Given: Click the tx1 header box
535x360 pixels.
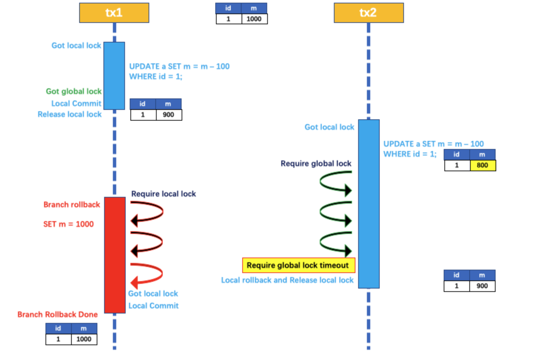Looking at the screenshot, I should click(x=114, y=13).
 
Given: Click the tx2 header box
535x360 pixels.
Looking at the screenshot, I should click(x=369, y=13).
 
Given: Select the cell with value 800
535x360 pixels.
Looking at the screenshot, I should click(x=482, y=165).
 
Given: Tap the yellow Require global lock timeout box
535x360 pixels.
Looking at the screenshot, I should click(x=298, y=265).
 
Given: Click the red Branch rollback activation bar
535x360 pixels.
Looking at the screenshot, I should click(x=115, y=255).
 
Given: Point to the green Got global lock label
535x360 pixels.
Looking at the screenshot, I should click(x=74, y=91).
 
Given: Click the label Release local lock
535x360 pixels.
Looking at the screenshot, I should click(x=69, y=114).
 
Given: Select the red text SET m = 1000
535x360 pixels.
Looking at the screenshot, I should click(x=68, y=224).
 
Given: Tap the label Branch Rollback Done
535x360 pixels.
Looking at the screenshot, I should click(x=58, y=314).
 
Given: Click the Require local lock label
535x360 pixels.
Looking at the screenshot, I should click(x=163, y=194).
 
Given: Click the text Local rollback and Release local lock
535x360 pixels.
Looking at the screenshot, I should click(x=287, y=280).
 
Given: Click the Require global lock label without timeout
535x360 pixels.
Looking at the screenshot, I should click(x=316, y=163).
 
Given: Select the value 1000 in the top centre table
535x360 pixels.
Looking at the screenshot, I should click(x=254, y=19).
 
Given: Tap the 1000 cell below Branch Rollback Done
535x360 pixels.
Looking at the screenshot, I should click(x=84, y=339).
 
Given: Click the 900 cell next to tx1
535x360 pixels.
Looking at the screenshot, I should click(x=168, y=115).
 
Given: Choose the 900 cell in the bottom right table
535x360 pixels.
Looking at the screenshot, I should click(x=482, y=286).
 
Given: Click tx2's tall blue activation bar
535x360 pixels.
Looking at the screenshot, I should click(x=369, y=204).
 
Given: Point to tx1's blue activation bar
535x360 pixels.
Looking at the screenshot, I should click(x=114, y=76).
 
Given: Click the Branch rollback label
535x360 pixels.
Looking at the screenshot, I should click(x=72, y=205).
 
